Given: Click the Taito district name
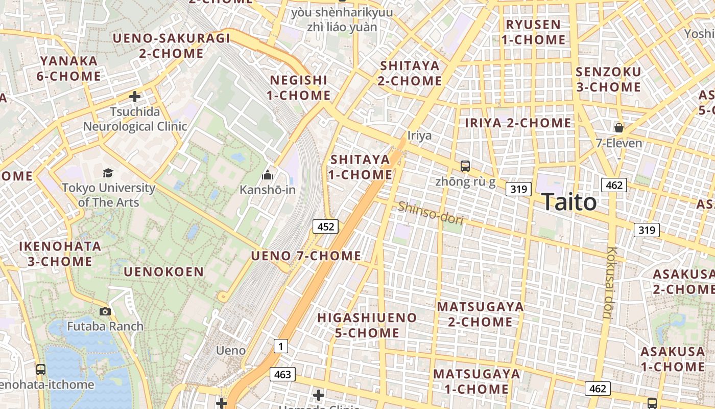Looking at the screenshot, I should point(568,202).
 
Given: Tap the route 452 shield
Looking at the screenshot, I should point(325,226).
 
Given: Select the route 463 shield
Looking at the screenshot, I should point(282,374).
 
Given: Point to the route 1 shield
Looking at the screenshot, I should point(280,347).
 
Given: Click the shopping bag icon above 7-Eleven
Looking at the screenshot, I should point(619,127).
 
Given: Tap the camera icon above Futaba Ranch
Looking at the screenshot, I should point(105,311).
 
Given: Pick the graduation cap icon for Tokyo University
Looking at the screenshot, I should point(108,173).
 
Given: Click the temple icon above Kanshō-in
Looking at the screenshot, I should point(267,175).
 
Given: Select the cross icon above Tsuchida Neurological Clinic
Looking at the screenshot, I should point(135,96).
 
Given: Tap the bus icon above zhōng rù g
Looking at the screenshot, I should point(465,166).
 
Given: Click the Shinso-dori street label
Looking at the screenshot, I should point(431,213).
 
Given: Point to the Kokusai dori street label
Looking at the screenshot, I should point(610,283).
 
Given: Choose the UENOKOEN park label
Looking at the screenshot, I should point(164,272).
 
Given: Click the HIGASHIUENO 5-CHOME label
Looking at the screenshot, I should point(367,325).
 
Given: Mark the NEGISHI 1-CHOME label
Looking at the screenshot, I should point(299,87).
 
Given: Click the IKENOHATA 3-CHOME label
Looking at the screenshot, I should point(60,254).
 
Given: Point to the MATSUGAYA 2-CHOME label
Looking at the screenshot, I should point(480,314).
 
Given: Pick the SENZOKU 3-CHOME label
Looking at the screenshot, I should point(608,79).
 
